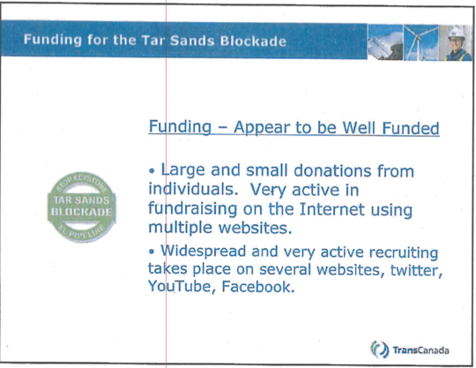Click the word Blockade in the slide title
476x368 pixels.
click(253, 41)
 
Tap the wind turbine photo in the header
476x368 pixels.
click(420, 42)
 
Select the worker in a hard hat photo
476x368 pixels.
click(456, 43)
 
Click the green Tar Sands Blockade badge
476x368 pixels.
click(82, 207)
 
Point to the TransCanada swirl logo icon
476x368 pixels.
click(379, 349)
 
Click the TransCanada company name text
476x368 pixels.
click(420, 350)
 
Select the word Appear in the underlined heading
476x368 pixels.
click(262, 128)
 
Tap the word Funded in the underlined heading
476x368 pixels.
click(411, 128)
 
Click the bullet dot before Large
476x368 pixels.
click(152, 171)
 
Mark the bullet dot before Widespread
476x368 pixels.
click(152, 252)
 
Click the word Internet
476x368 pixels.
click(331, 209)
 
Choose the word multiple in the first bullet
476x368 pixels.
click(180, 228)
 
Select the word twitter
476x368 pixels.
click(416, 270)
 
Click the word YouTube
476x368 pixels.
click(179, 286)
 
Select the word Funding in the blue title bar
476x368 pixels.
click(53, 40)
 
